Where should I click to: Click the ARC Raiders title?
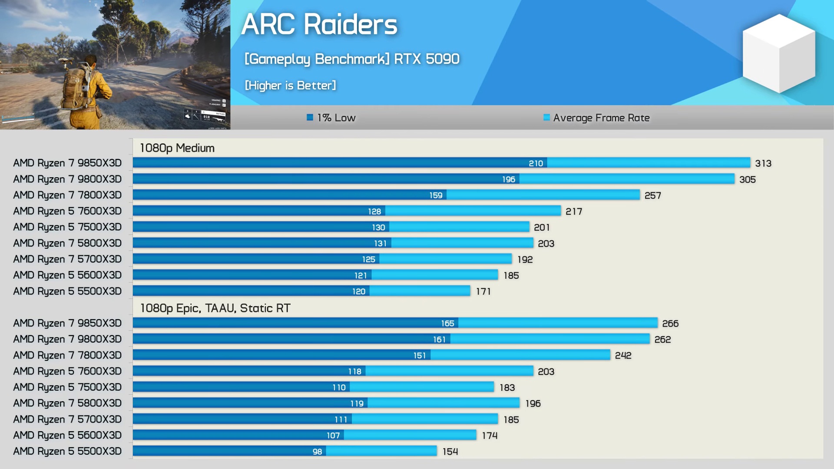click(319, 24)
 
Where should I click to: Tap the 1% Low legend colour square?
click(310, 117)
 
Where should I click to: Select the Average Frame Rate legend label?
click(601, 118)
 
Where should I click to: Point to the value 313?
click(763, 163)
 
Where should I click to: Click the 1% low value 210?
click(536, 163)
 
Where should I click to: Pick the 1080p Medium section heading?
click(177, 148)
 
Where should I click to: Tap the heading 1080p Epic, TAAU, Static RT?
click(215, 308)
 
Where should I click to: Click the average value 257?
click(652, 195)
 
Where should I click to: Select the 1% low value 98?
click(317, 452)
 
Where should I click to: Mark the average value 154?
click(450, 452)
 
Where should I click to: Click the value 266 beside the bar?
click(670, 324)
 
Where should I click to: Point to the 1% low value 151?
click(419, 356)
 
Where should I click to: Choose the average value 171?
click(483, 291)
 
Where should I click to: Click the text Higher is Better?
click(290, 86)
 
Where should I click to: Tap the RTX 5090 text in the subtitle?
click(427, 59)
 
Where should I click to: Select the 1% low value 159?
click(436, 195)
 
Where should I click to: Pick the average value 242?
click(623, 356)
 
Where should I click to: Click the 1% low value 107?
click(333, 436)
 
